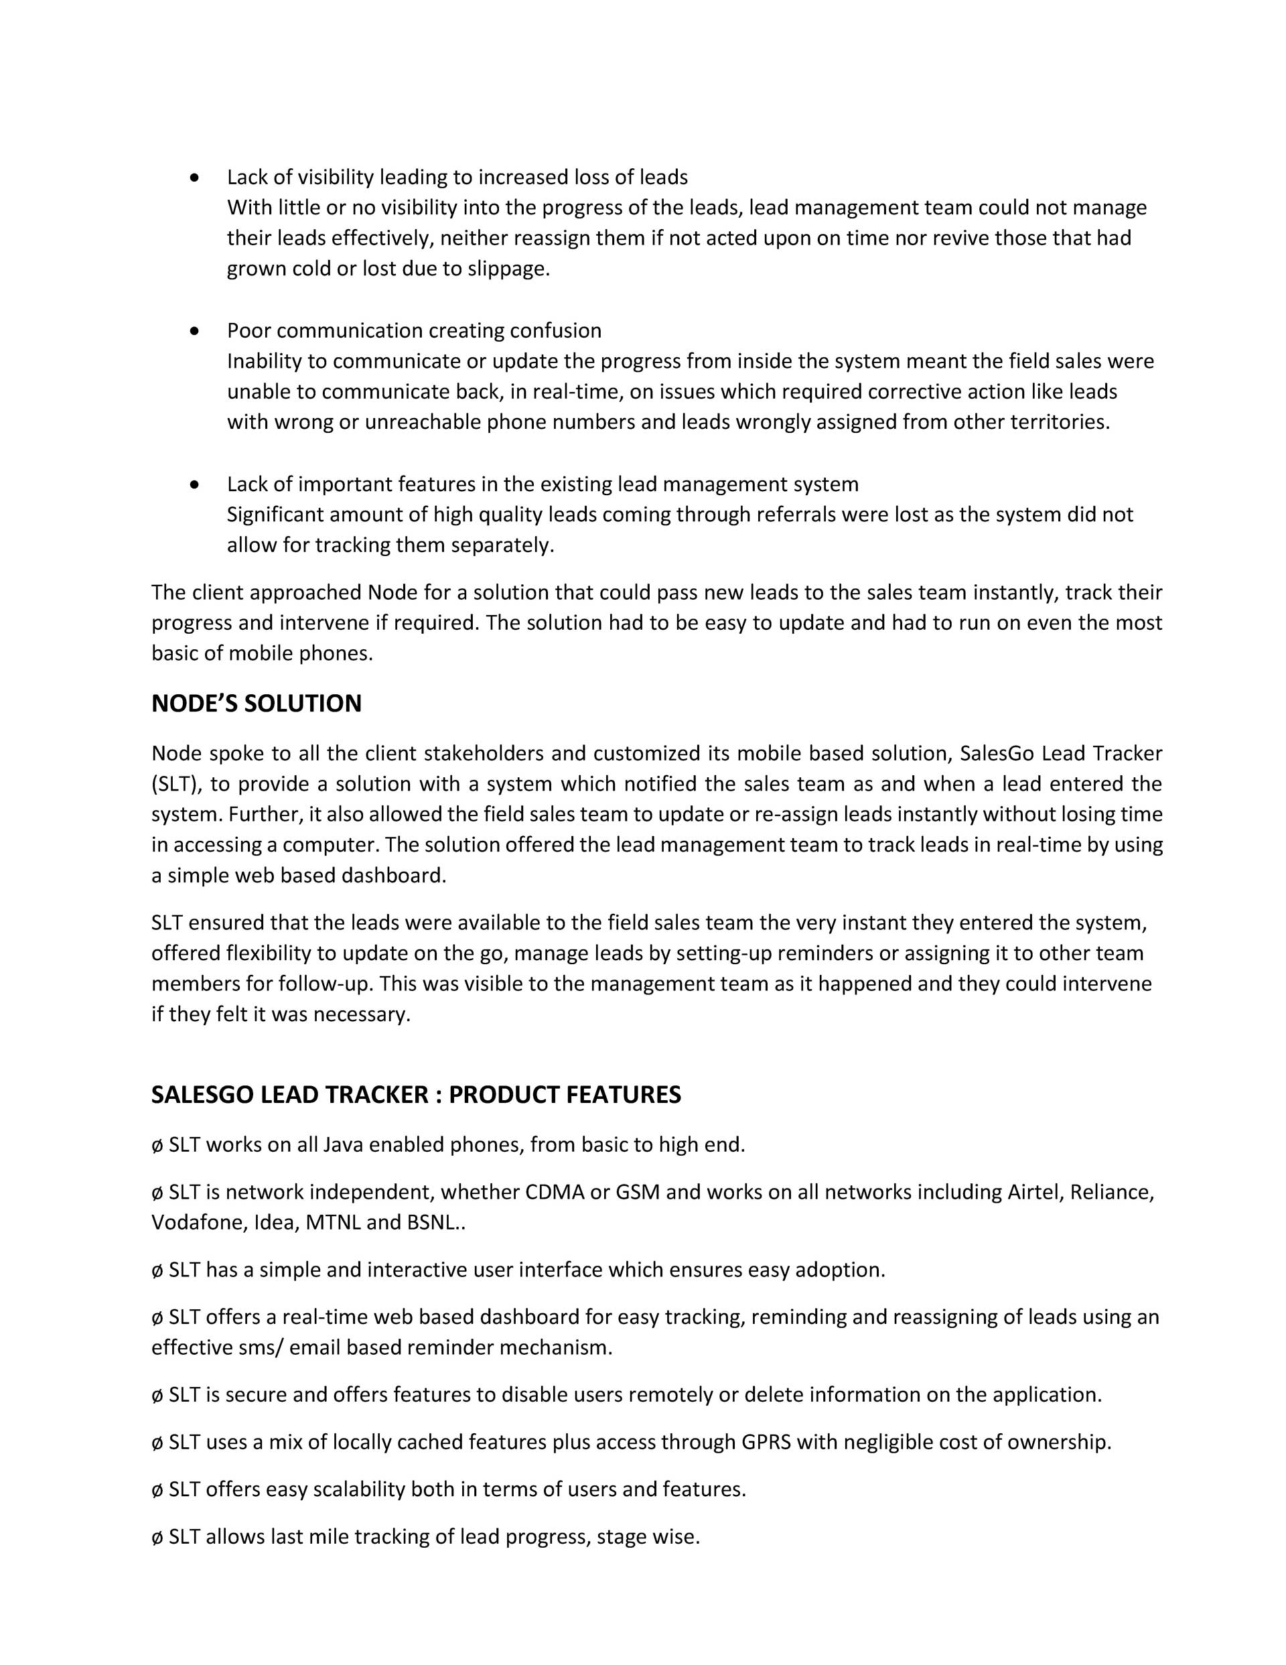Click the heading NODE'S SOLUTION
point(256,704)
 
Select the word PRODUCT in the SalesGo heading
point(503,1095)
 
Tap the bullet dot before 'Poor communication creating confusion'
point(196,331)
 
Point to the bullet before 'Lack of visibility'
point(196,178)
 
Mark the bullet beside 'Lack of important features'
point(196,484)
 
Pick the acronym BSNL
point(431,1223)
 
